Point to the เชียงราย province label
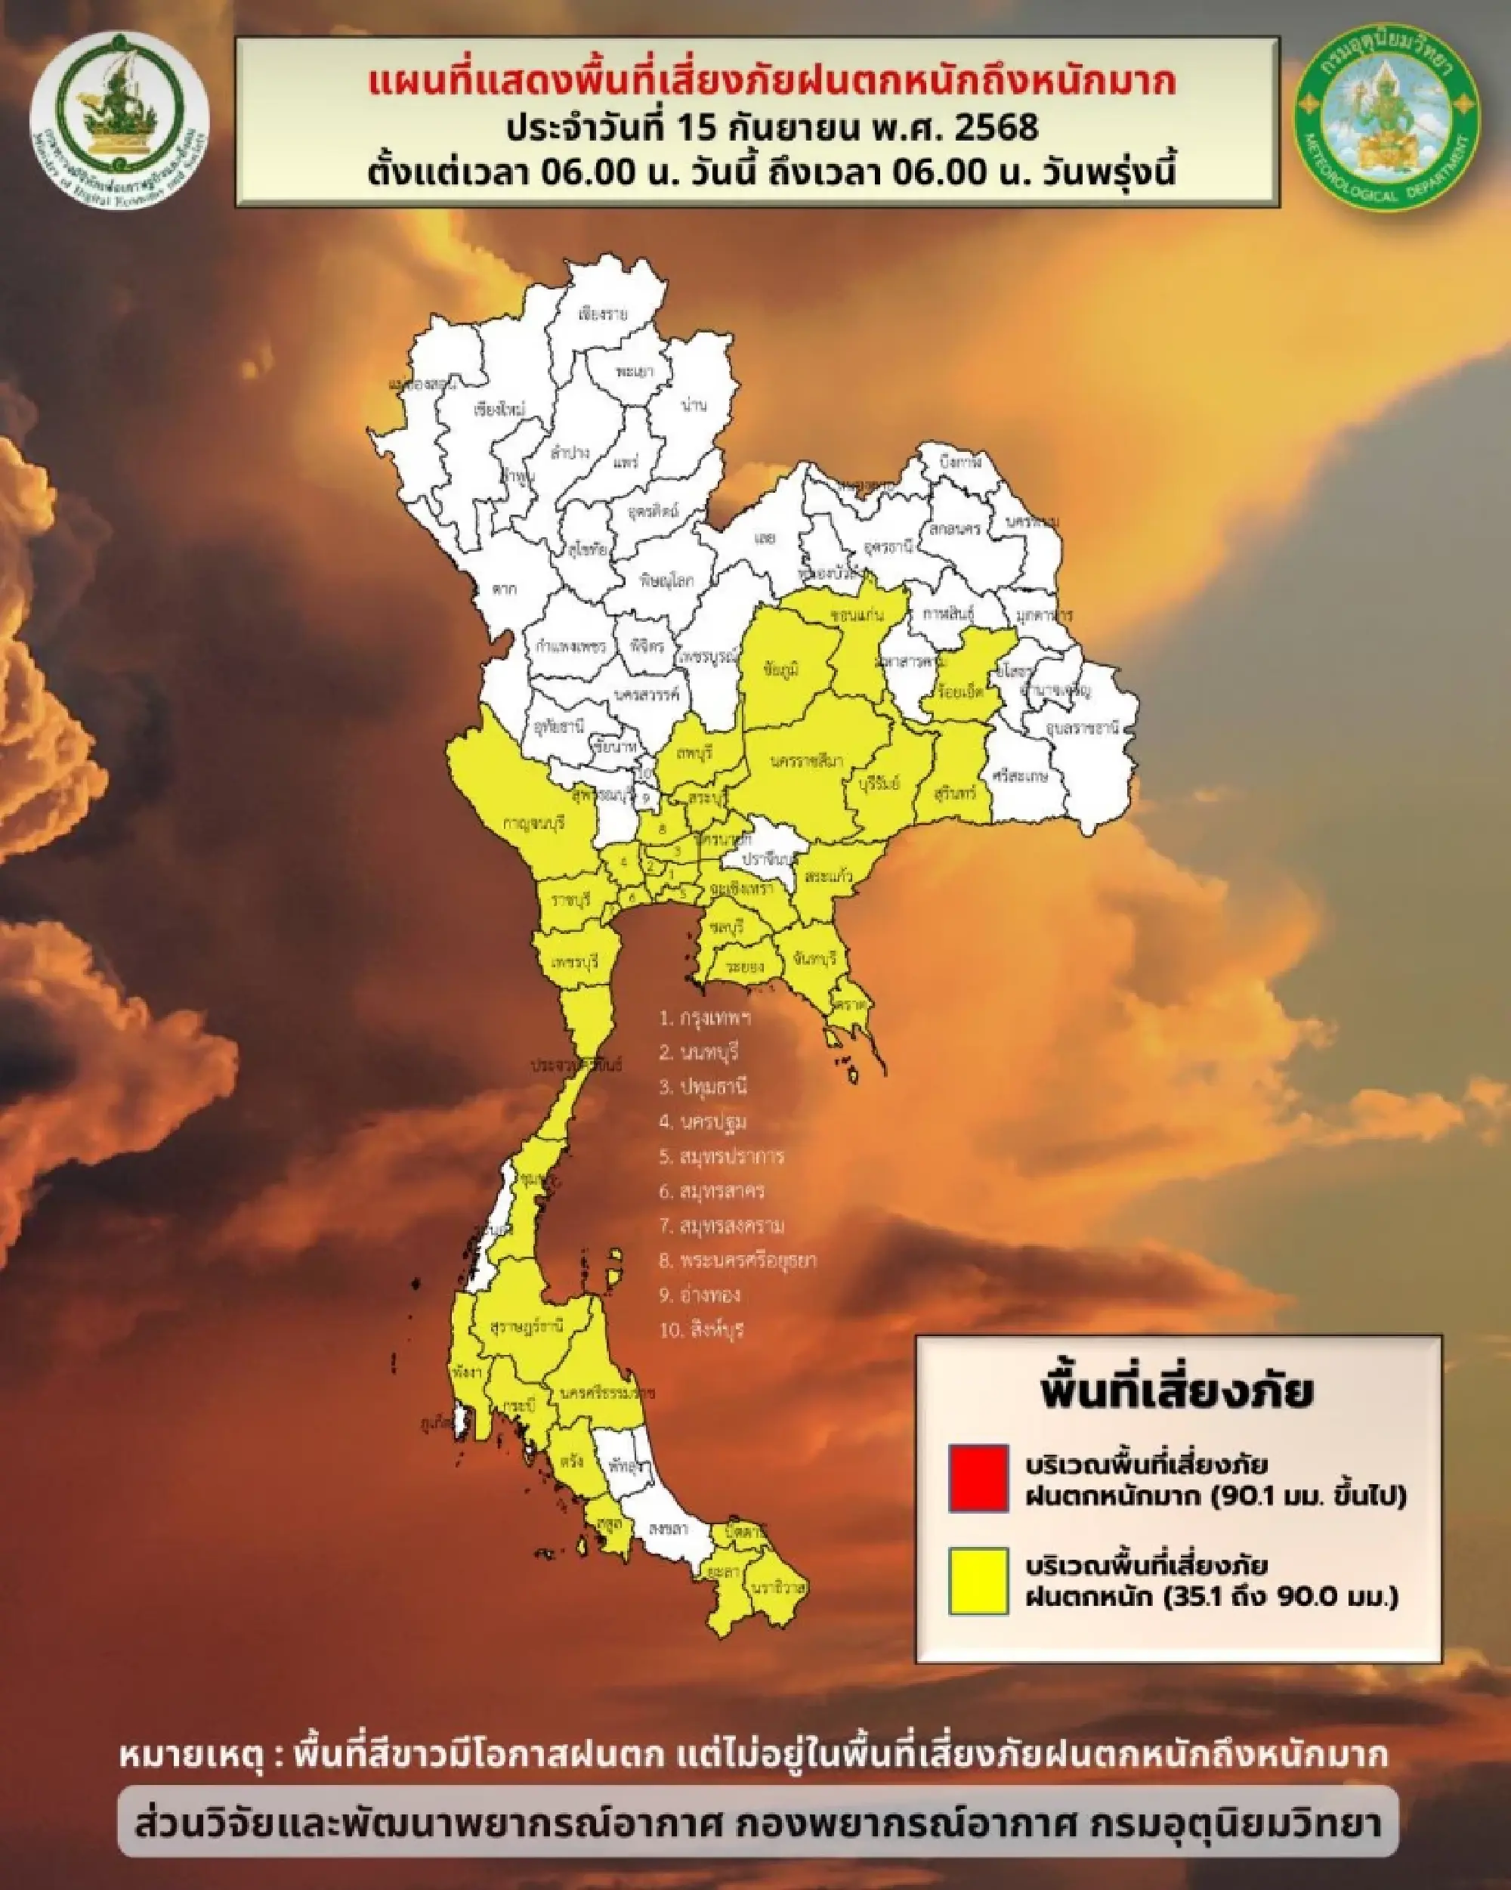pyautogui.click(x=604, y=314)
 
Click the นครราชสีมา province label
pyautogui.click(x=806, y=761)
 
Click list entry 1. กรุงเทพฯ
pyautogui.click(x=706, y=1019)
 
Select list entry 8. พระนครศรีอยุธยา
pyautogui.click(x=738, y=1261)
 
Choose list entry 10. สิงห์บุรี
pyautogui.click(x=701, y=1330)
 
